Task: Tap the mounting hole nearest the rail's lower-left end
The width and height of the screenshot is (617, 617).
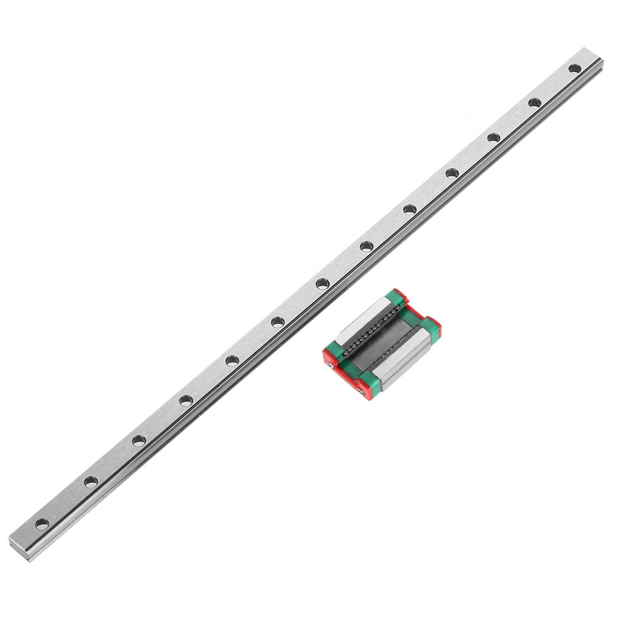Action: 42,523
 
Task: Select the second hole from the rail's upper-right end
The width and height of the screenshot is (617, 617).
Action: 534,103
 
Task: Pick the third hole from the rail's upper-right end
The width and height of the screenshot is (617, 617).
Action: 493,138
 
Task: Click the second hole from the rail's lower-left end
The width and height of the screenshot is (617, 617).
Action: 91,481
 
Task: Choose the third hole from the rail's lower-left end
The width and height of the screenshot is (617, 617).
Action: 139,440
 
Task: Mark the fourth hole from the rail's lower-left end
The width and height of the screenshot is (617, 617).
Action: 186,400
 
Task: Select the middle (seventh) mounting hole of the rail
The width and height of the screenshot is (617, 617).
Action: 322,284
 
